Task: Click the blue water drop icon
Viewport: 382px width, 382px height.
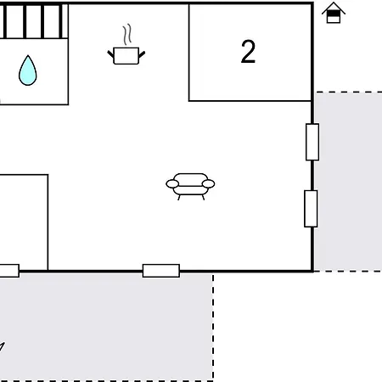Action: tap(28, 70)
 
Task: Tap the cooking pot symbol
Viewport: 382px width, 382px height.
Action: tap(126, 56)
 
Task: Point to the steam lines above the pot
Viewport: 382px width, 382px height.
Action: tap(127, 34)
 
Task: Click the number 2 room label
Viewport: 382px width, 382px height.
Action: tap(248, 51)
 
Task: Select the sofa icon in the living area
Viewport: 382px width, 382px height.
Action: tap(190, 187)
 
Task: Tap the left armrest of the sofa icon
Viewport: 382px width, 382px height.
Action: tap(172, 184)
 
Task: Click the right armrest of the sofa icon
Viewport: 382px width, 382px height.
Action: tap(209, 184)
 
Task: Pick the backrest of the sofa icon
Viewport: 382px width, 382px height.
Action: tap(190, 179)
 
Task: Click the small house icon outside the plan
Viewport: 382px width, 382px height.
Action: tap(334, 13)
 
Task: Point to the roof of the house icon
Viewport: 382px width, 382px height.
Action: tap(334, 8)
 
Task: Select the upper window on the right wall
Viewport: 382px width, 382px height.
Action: tap(312, 142)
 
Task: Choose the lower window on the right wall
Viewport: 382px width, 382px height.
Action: tap(311, 209)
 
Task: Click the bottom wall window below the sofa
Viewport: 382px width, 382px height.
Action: tap(161, 271)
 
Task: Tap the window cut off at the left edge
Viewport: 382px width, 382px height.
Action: tap(9, 271)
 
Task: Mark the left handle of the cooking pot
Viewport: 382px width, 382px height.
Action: tap(110, 54)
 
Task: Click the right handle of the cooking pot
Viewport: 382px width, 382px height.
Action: tap(142, 54)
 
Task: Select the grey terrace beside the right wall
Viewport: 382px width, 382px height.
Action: tap(348, 182)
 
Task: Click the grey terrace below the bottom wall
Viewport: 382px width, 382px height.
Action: tap(106, 327)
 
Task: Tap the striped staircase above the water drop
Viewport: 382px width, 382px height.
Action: tap(34, 21)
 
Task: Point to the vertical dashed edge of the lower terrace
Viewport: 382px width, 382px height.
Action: tap(213, 327)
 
